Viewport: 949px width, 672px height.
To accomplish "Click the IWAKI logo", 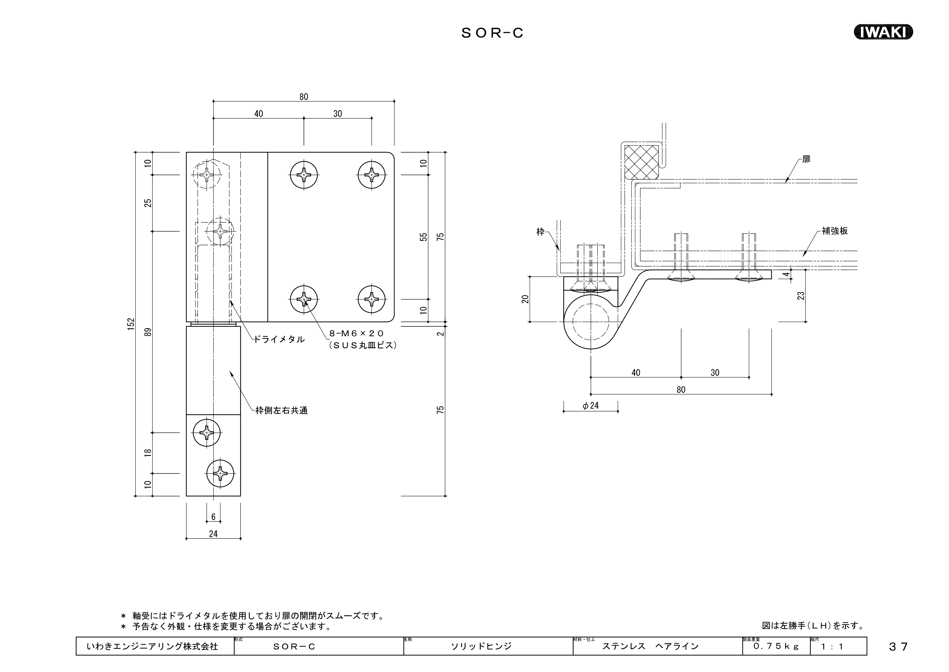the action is click(x=883, y=32).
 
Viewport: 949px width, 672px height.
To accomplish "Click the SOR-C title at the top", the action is click(x=492, y=33).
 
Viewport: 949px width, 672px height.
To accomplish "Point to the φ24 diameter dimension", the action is click(x=591, y=405).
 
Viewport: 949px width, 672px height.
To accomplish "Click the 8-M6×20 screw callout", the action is click(x=356, y=333).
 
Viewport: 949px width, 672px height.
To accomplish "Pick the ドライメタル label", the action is click(x=279, y=339).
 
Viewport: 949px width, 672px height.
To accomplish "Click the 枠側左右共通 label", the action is click(x=282, y=411).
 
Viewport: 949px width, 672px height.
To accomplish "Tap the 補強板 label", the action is click(x=835, y=231).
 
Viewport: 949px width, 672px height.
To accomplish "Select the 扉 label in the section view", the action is click(x=806, y=159).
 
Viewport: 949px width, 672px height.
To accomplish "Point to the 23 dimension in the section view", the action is click(x=801, y=296).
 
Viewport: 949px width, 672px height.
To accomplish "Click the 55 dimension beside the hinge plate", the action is click(x=423, y=237).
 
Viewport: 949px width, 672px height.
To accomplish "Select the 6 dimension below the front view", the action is click(x=213, y=517).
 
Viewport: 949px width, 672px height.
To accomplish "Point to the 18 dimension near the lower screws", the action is click(x=148, y=453).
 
